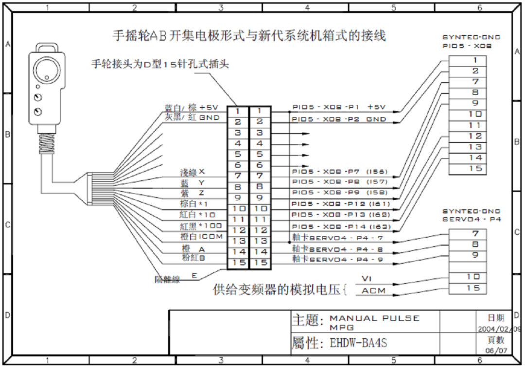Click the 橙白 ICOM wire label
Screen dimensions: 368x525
coord(201,237)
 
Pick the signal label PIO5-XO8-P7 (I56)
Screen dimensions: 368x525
coord(338,172)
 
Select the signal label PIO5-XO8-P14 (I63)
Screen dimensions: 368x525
coord(340,227)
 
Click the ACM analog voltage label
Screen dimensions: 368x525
coord(374,290)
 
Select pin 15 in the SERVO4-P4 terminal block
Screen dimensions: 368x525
coord(473,288)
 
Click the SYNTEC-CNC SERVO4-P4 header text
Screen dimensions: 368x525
coord(471,215)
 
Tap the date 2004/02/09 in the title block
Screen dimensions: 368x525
coord(499,329)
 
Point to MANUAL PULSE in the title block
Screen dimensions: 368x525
coord(374,318)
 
